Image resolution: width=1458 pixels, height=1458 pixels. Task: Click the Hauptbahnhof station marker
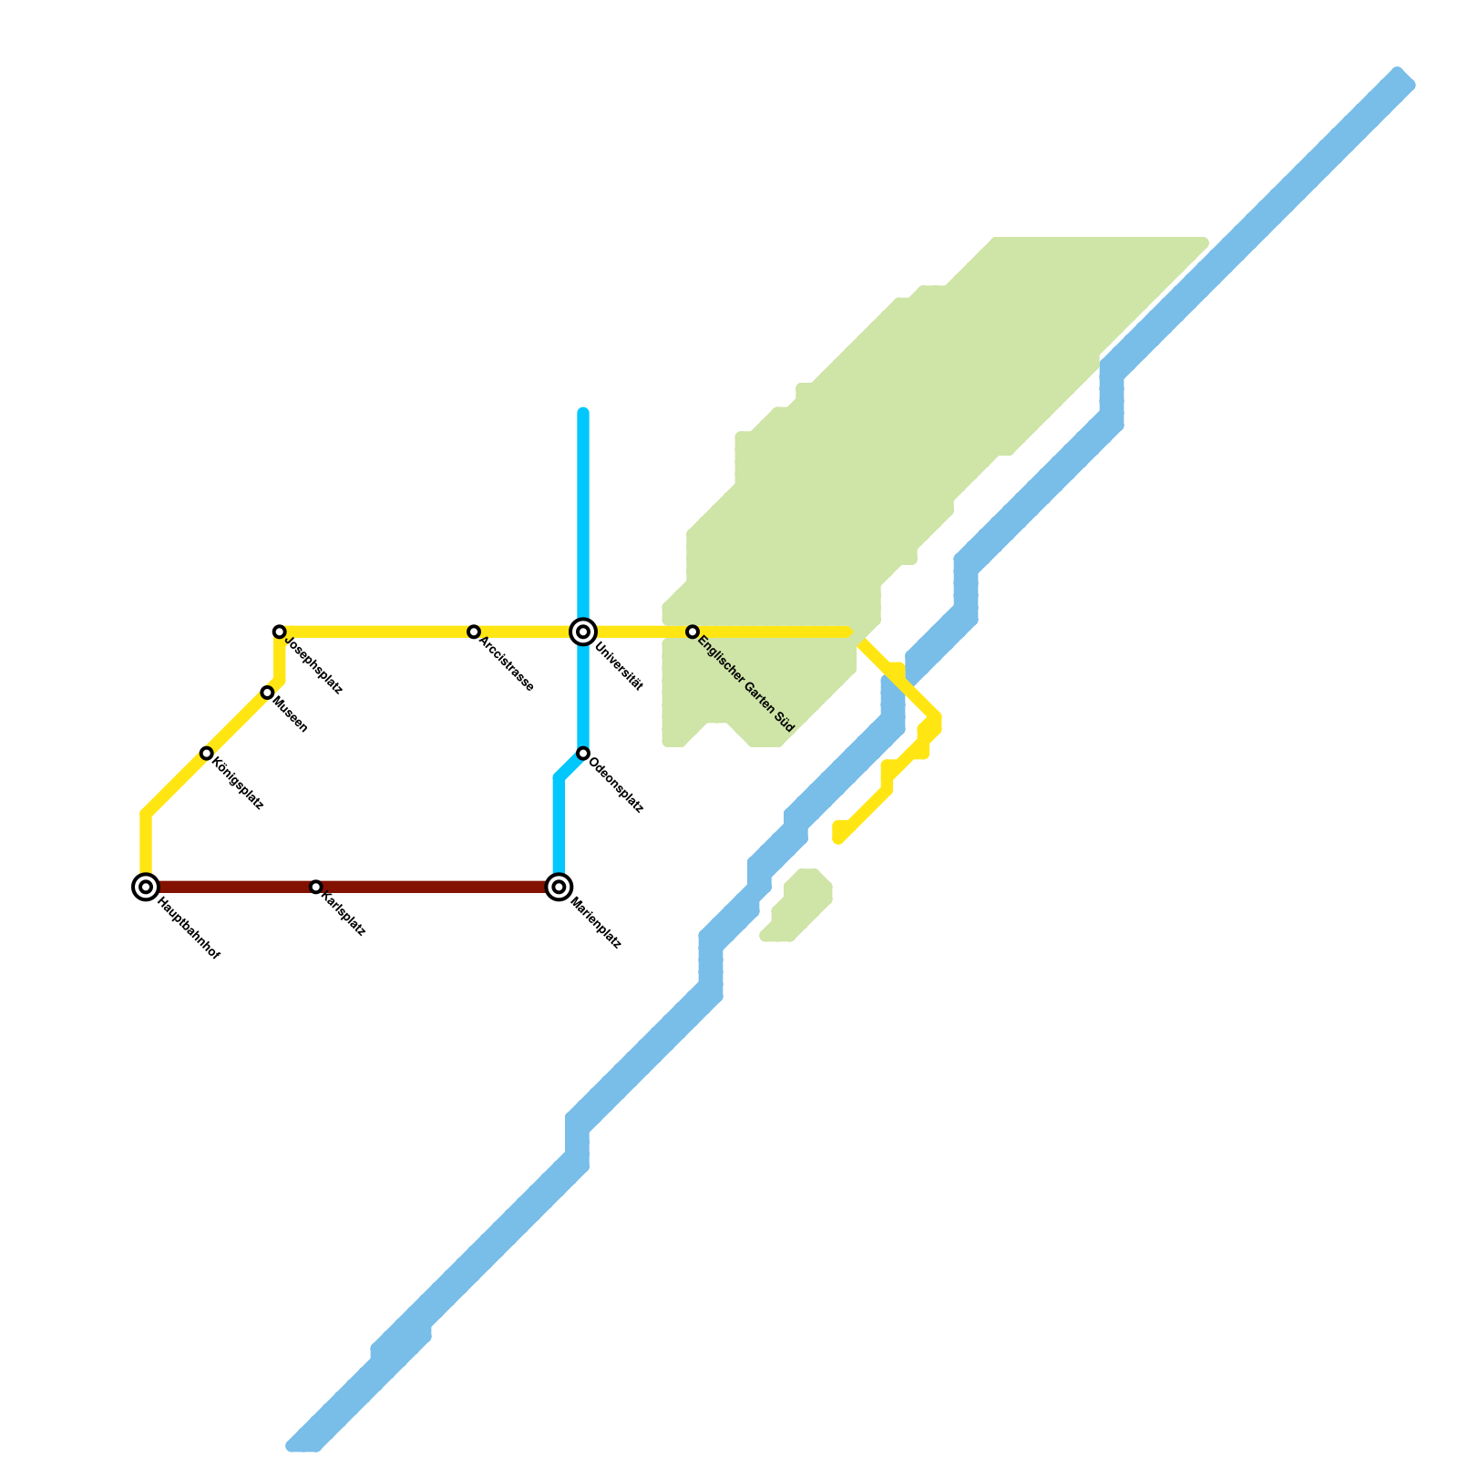(146, 887)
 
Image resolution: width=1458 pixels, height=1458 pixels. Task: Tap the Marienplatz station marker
(560, 887)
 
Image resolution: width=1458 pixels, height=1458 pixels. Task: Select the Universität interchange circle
(583, 631)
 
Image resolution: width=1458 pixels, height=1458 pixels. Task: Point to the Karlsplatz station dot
(315, 887)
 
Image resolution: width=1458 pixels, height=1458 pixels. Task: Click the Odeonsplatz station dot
(583, 754)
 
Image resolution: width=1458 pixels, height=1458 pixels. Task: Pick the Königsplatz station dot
(207, 754)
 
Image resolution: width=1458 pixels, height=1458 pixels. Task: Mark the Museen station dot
(267, 693)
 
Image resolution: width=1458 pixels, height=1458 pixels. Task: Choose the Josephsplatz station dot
(280, 631)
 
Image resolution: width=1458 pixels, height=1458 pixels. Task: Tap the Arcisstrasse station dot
(474, 631)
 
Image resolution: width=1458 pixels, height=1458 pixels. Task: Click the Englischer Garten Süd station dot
(693, 631)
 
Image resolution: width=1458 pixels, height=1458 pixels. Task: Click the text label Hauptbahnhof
(189, 929)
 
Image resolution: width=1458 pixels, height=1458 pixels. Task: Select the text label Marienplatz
(596, 924)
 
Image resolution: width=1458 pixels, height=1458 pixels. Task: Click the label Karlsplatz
(344, 915)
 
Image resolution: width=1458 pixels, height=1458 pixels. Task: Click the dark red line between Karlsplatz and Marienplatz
(437, 887)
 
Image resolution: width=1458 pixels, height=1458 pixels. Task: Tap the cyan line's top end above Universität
(583, 413)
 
